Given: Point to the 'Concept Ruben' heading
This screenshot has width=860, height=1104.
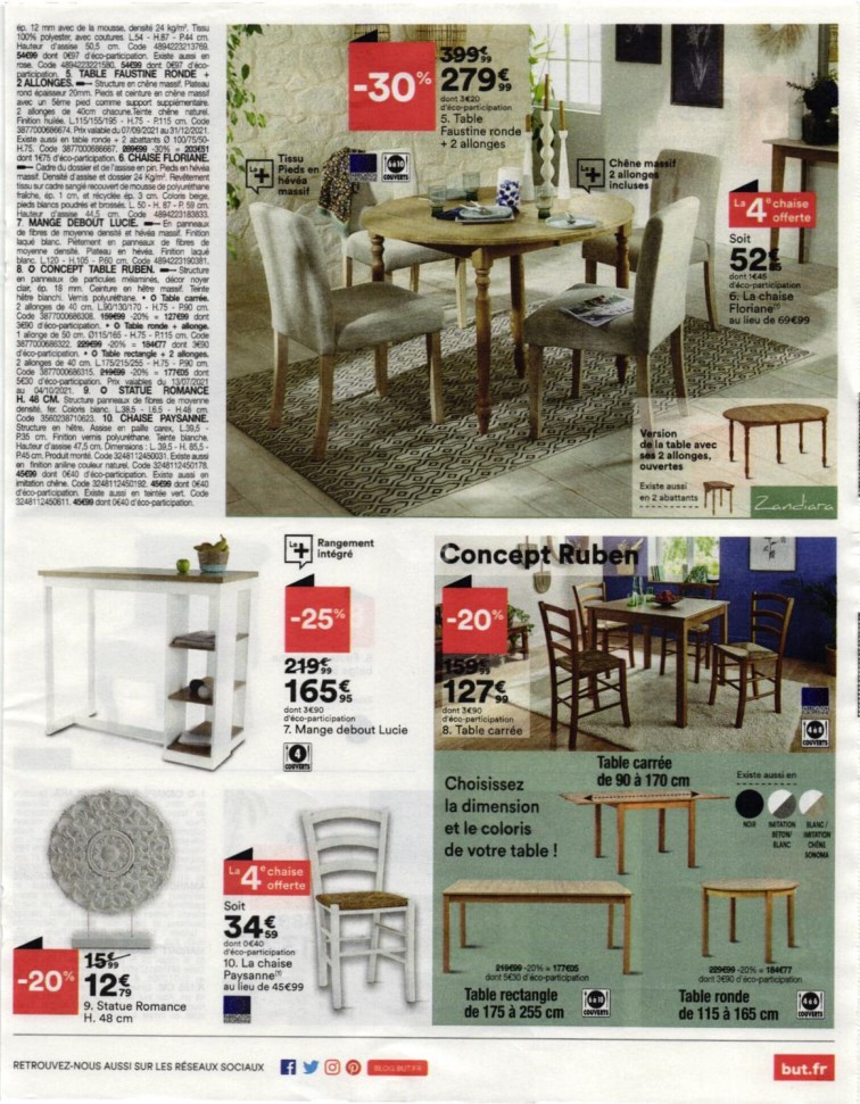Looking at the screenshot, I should (x=530, y=554).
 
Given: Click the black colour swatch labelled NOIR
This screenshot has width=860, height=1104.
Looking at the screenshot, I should (x=749, y=804).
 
